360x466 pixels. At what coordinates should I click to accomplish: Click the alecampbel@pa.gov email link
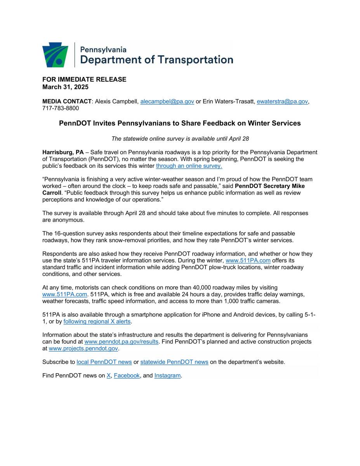click(x=167, y=102)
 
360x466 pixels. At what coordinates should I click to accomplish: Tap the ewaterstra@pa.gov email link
click(x=282, y=102)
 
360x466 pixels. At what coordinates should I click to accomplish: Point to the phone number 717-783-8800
click(x=61, y=108)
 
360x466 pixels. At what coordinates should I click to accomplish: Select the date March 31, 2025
click(x=65, y=87)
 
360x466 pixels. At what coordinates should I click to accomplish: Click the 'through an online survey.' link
click(x=189, y=166)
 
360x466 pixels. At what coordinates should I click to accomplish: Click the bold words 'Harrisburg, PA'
click(x=63, y=152)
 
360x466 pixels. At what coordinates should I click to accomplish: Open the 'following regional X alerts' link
click(x=97, y=322)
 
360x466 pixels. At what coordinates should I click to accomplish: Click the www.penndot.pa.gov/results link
click(x=121, y=342)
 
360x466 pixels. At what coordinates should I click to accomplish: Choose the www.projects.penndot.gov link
click(x=83, y=349)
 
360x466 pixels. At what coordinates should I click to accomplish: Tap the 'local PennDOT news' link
click(x=104, y=362)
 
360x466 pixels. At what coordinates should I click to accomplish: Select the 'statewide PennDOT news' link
click(x=174, y=362)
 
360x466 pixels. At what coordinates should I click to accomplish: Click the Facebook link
click(x=127, y=376)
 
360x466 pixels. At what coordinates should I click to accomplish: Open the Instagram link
click(x=167, y=376)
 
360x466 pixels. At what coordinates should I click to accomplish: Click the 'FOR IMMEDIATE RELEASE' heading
click(x=84, y=79)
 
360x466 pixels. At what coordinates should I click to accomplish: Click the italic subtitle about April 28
click(x=180, y=139)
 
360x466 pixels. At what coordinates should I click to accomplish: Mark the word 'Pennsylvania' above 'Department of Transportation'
click(x=103, y=50)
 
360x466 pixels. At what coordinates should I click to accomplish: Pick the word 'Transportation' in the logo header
click(x=198, y=60)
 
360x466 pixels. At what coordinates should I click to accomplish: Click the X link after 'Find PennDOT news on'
click(x=109, y=376)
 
